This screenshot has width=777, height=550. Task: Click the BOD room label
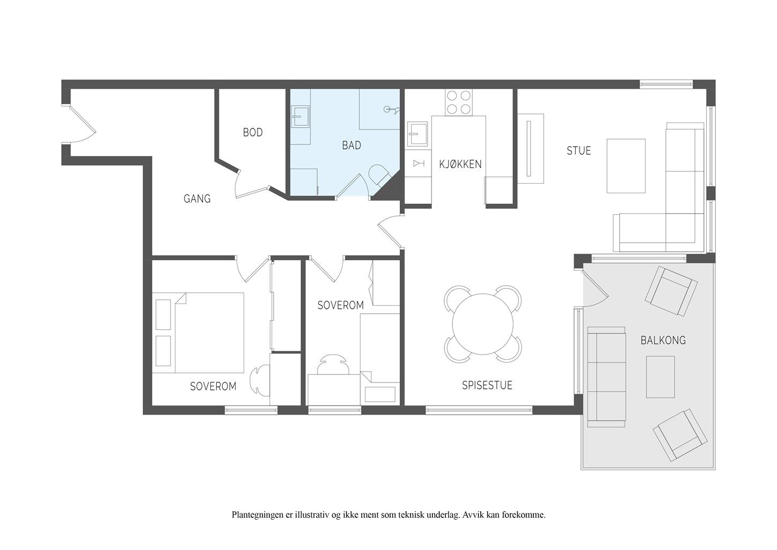click(x=253, y=132)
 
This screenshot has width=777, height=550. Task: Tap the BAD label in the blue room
click(x=351, y=145)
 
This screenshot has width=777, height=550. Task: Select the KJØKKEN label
click(x=460, y=164)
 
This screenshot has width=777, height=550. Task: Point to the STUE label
click(x=578, y=150)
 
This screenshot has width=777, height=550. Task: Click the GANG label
click(x=197, y=198)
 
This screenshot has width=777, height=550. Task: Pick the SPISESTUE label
click(x=487, y=385)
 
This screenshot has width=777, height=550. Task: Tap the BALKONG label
click(x=663, y=340)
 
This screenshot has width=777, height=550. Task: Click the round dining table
click(x=482, y=324)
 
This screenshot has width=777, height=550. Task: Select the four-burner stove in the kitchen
click(x=458, y=102)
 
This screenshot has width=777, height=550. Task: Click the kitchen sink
click(x=417, y=134)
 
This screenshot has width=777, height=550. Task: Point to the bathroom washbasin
click(x=300, y=117)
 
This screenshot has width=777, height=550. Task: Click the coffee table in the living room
click(x=626, y=166)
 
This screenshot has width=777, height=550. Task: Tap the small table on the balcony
click(x=660, y=377)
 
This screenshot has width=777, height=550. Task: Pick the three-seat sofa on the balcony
click(x=606, y=377)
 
